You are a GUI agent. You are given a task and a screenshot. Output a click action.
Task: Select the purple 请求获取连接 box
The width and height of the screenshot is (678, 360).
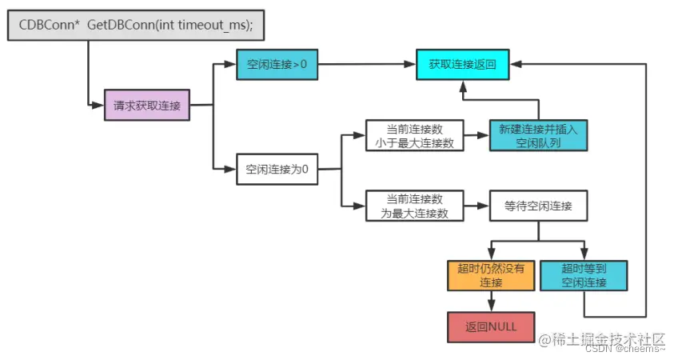click(147, 105)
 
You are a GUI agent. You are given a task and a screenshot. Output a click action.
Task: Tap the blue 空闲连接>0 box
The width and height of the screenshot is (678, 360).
click(277, 64)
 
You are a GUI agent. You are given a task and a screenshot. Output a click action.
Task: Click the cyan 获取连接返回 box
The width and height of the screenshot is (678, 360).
click(463, 64)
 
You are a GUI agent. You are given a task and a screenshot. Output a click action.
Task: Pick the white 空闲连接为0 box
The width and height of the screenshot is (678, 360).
click(277, 169)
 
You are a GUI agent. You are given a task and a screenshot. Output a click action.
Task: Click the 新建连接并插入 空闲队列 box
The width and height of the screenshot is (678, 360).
click(538, 135)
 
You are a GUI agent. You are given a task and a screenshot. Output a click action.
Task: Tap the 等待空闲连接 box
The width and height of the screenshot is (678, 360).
click(538, 206)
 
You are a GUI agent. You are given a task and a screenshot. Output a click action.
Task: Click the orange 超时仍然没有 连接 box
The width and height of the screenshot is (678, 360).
click(490, 275)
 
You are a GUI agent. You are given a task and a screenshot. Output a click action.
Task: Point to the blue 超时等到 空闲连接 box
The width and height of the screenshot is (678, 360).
click(584, 275)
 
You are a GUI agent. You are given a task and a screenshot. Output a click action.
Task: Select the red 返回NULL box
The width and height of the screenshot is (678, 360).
click(490, 328)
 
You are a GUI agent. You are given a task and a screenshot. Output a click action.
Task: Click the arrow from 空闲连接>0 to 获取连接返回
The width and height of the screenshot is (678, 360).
click(366, 64)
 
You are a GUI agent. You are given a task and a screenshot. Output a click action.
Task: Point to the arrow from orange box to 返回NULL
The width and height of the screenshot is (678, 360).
click(490, 301)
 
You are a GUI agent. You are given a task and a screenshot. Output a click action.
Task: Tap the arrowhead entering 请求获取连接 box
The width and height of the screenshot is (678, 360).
click(99, 105)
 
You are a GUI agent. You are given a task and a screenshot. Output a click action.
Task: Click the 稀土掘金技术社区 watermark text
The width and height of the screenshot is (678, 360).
click(601, 338)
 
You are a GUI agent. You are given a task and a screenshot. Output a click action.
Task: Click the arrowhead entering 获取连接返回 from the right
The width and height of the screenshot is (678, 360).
click(516, 64)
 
